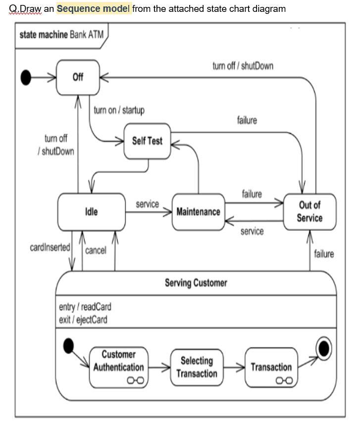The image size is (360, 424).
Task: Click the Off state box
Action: (78, 77)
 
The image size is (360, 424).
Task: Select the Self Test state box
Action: (147, 141)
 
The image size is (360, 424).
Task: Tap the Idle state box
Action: (92, 212)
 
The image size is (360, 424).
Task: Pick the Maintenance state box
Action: (198, 212)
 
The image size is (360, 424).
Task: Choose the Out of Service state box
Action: (309, 212)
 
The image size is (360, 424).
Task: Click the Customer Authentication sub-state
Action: (118, 367)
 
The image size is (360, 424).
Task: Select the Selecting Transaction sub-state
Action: (197, 367)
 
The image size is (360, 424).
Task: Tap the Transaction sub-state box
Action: (271, 368)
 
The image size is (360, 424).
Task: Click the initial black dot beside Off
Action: (25, 77)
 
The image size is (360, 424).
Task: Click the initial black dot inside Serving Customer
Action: (69, 346)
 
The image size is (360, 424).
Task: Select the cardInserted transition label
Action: (50, 247)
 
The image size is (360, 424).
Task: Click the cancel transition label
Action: (96, 251)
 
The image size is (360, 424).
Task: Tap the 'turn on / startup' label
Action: (119, 110)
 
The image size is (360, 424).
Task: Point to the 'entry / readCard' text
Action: (85, 307)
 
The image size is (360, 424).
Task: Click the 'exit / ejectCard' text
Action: (83, 319)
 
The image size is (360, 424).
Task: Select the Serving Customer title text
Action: (196, 283)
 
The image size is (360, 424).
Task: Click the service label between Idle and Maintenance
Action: (147, 204)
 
